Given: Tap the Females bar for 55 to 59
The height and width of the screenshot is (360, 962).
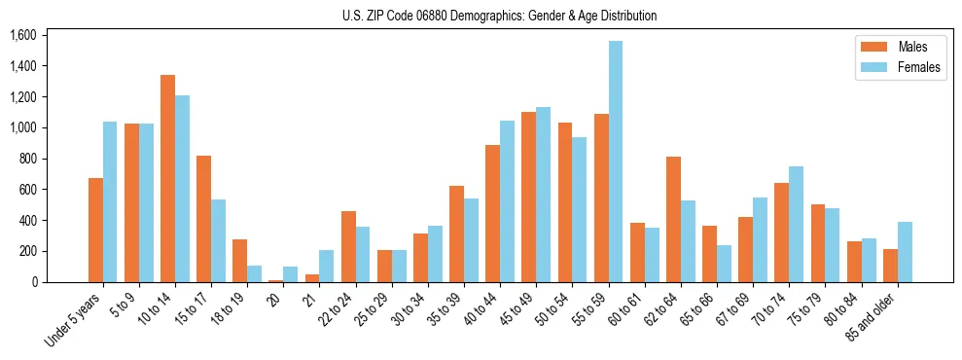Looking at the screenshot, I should (x=616, y=162).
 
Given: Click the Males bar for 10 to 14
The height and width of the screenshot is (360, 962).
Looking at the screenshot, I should (x=168, y=178).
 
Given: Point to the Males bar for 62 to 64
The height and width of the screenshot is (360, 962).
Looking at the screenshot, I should (x=673, y=219).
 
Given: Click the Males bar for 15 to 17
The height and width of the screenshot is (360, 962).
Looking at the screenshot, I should (x=204, y=219).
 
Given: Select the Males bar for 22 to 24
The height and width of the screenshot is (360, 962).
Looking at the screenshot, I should (x=348, y=246).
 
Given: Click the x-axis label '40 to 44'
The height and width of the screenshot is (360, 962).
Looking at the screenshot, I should (x=482, y=309).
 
